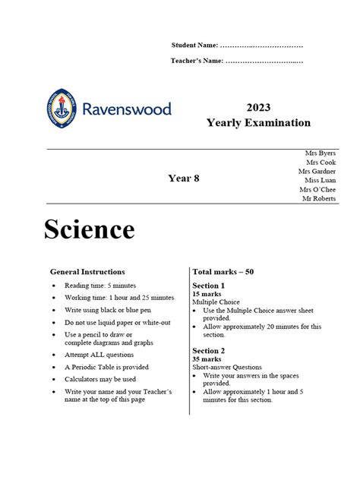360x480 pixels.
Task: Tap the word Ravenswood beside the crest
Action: coord(124,109)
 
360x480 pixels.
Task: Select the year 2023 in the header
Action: coord(258,108)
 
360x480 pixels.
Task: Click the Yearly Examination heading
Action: coord(258,123)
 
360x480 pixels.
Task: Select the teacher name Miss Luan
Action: coord(320,181)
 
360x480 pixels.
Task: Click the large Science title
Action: coord(90,229)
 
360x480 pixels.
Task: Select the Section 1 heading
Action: coord(210,286)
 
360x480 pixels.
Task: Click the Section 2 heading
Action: coord(210,350)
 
